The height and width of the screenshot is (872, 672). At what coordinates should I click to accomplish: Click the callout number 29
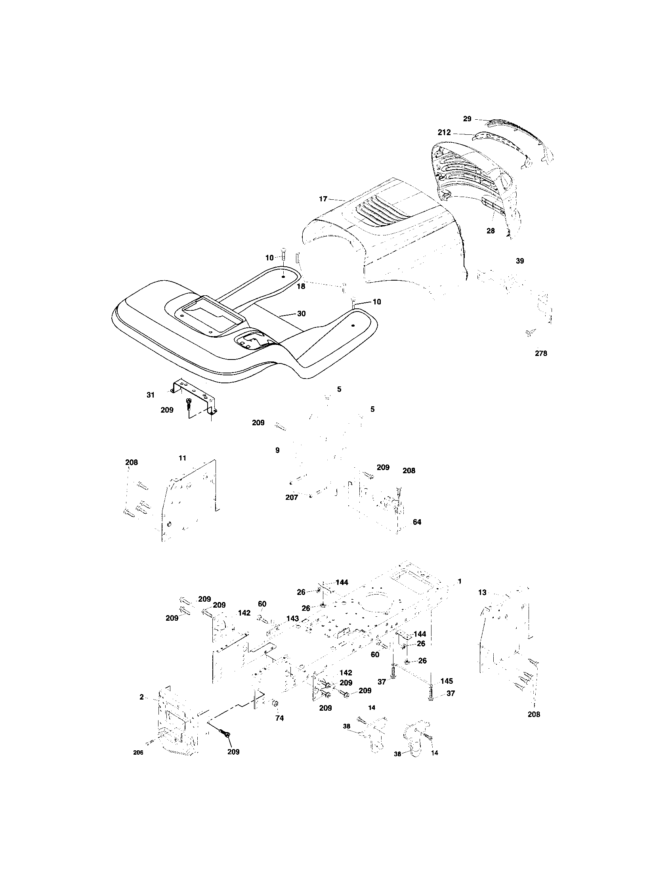click(467, 119)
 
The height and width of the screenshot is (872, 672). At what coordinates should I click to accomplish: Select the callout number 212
click(444, 132)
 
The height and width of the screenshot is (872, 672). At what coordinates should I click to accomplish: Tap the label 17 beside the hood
click(323, 199)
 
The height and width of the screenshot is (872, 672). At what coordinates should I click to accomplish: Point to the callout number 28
click(491, 231)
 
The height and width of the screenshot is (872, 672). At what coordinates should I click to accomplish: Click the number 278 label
click(541, 353)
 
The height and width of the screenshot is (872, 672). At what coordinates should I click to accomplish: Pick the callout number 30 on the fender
click(301, 314)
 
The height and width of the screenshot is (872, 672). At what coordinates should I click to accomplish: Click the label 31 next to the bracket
click(151, 395)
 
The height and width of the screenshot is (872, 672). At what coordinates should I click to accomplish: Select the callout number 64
click(417, 522)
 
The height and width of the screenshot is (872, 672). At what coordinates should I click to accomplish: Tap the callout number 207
click(292, 497)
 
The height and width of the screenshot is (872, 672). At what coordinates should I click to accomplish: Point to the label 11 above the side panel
click(182, 458)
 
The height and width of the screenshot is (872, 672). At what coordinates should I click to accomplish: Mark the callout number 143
click(292, 618)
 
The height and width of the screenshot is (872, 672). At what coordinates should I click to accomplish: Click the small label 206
click(137, 753)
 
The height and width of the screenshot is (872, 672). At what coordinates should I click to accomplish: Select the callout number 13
click(483, 593)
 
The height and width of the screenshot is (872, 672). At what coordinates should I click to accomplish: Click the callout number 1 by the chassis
click(459, 581)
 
